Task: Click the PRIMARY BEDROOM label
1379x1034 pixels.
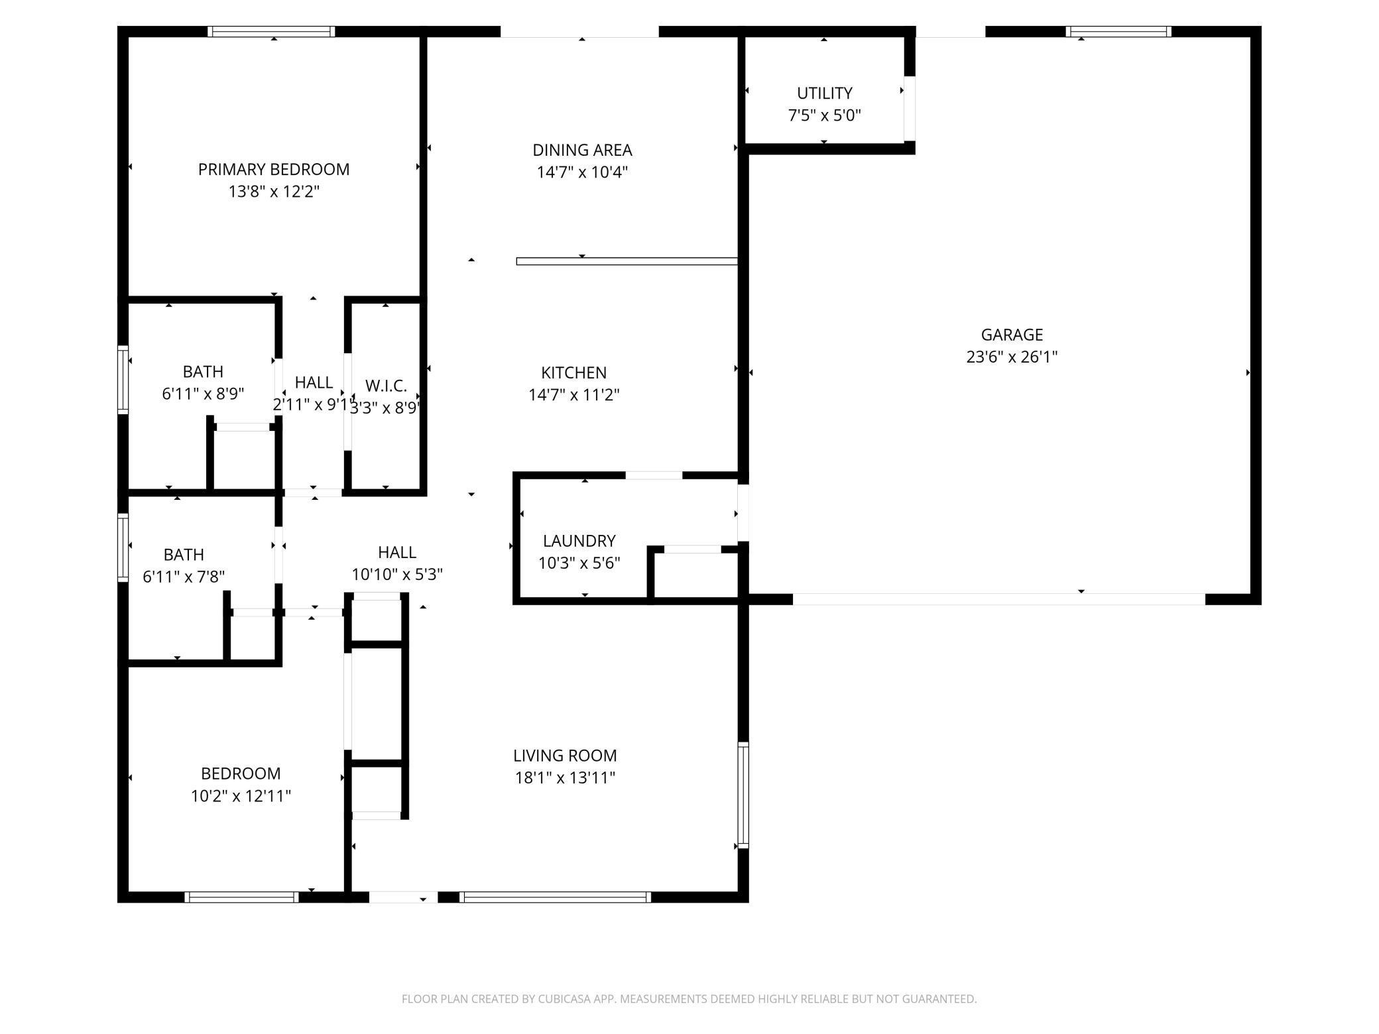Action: (x=273, y=170)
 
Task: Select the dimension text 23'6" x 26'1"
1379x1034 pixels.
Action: (x=1011, y=357)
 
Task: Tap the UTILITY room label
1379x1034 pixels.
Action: (x=824, y=93)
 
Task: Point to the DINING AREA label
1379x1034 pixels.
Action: (x=582, y=150)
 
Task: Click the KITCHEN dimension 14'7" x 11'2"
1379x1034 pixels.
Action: (x=573, y=395)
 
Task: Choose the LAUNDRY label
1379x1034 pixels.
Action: (x=579, y=541)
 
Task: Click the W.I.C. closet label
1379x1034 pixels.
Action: (x=385, y=386)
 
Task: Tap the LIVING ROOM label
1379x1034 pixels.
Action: (x=565, y=756)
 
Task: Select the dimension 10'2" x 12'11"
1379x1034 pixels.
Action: (x=241, y=796)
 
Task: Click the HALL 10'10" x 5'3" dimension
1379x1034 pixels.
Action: (x=396, y=575)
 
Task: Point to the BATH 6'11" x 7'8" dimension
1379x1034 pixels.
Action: (x=184, y=577)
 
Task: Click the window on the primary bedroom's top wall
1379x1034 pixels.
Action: (x=271, y=31)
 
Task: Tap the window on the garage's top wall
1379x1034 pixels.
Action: (x=1118, y=31)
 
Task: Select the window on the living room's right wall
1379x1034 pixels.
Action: (x=743, y=795)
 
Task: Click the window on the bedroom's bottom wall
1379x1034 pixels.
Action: (x=241, y=897)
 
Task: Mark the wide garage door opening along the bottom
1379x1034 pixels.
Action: (x=998, y=599)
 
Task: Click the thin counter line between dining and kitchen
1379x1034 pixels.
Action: (x=627, y=261)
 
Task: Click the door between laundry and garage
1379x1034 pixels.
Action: (x=743, y=512)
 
